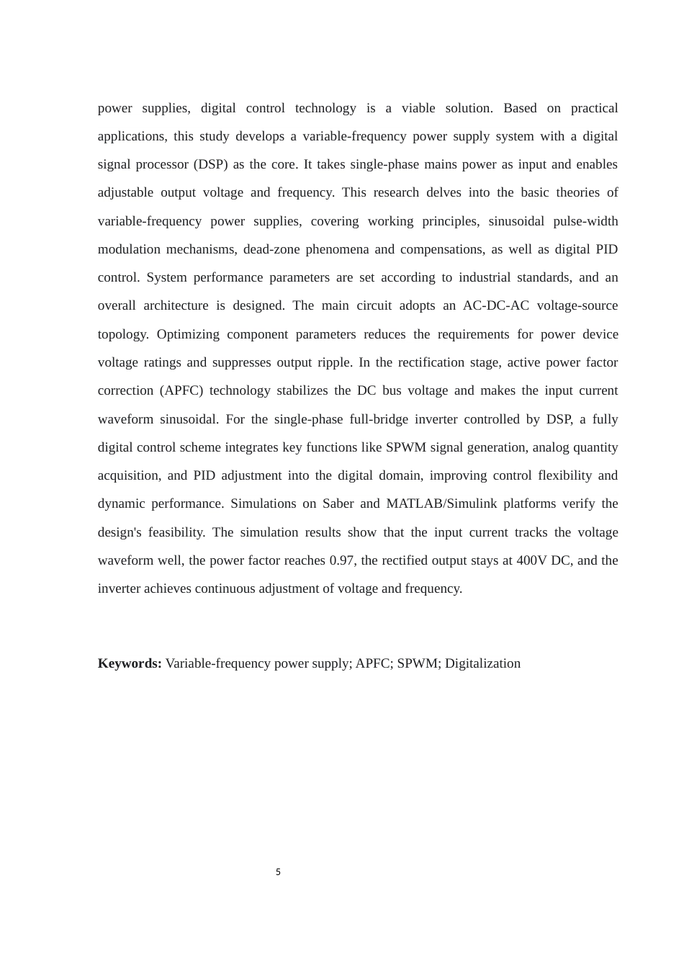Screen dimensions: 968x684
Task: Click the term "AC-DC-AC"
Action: click(496, 305)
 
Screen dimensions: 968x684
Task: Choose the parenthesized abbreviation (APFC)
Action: click(181, 390)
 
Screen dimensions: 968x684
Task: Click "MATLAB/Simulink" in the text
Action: click(441, 503)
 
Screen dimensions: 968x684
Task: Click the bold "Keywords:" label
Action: click(130, 663)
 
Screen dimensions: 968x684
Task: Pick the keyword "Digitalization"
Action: click(482, 663)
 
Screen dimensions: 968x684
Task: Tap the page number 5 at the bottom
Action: click(278, 872)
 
